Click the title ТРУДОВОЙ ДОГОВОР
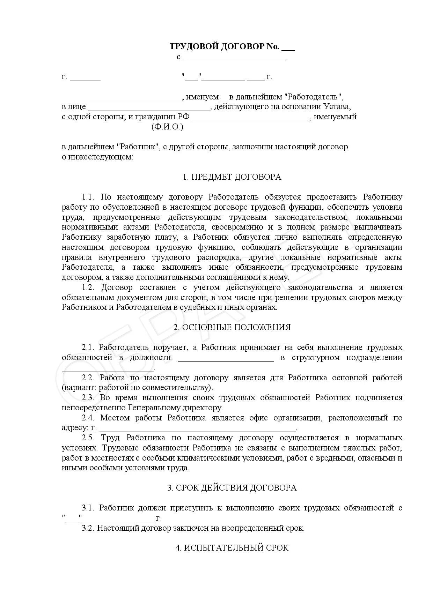click(x=224, y=46)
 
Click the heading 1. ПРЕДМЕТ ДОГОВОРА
click(x=232, y=177)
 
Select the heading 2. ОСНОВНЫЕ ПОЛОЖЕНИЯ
click(x=232, y=327)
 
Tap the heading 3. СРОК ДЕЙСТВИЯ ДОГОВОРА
click(x=232, y=488)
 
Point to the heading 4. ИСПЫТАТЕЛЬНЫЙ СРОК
click(x=232, y=548)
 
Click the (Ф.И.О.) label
click(x=167, y=127)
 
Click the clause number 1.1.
click(x=89, y=197)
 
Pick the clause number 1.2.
click(x=89, y=288)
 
